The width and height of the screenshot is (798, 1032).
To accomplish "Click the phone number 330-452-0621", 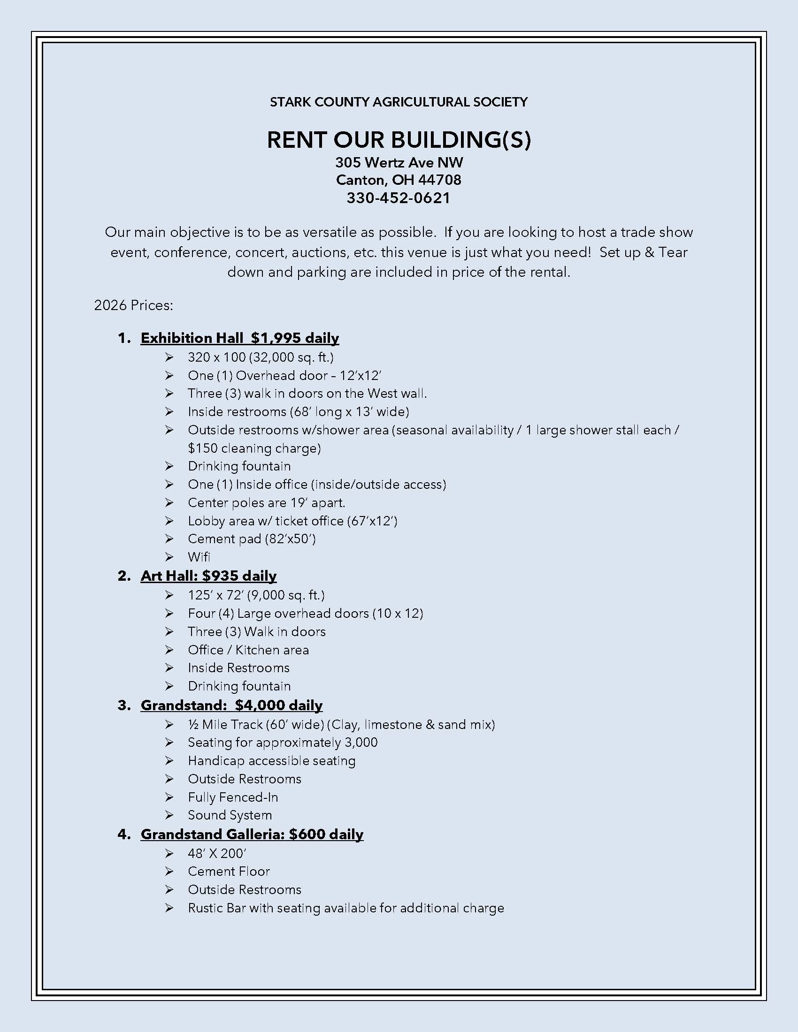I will coord(399,198).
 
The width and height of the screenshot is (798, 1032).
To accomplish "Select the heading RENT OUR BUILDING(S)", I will coord(399,140).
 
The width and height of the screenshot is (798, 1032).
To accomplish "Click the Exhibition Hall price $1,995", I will coord(276,338).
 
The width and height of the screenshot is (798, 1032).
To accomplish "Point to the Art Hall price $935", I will coord(220,576).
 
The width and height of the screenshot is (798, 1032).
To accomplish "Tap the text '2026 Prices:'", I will coord(134,305).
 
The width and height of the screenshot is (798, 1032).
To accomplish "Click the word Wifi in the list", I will coord(199,557).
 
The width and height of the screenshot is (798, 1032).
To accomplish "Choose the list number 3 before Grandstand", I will coord(124,706).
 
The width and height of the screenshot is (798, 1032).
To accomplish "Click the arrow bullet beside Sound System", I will coord(169,816).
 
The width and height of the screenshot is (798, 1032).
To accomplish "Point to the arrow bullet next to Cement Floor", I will coord(169,872).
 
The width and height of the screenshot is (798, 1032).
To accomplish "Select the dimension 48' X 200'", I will coord(217,853).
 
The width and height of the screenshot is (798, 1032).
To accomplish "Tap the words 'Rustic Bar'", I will coord(216,908).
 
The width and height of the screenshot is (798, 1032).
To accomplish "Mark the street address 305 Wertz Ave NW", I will coord(399,163).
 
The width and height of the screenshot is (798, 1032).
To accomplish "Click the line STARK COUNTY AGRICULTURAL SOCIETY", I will coord(399,102).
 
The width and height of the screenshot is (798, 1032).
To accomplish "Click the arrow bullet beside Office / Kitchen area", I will coord(169,650).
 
